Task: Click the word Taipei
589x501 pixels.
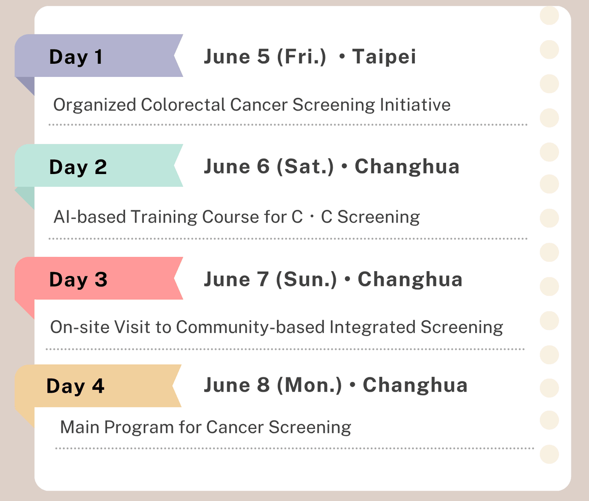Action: [x=384, y=57]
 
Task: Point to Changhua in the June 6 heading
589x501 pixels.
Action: [x=407, y=166]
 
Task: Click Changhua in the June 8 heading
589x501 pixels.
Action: [x=415, y=385]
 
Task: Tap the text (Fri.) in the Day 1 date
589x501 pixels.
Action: [x=301, y=57]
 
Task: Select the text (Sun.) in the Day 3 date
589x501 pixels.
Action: [x=307, y=279]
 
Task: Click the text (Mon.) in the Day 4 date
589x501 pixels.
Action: [x=309, y=385]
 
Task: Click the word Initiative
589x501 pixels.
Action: [x=415, y=105]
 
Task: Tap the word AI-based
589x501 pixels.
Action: [x=90, y=217]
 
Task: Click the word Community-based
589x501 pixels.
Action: [x=250, y=327]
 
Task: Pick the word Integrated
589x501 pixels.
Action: [x=373, y=327]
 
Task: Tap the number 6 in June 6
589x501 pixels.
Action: [x=263, y=166]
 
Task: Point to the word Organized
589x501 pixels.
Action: [x=95, y=105]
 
